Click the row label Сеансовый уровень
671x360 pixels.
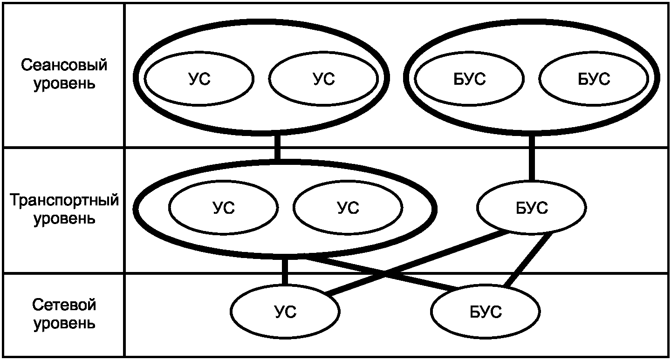point(64,74)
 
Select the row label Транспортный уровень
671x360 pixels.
point(64,209)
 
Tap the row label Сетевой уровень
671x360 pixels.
point(64,314)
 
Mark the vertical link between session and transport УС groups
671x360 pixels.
point(277,147)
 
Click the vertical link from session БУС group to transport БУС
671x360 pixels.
point(532,159)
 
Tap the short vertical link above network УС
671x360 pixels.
point(285,272)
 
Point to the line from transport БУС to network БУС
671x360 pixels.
point(528,260)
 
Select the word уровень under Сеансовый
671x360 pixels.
point(64,83)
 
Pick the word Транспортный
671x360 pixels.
point(64,200)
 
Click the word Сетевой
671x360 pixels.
point(64,305)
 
